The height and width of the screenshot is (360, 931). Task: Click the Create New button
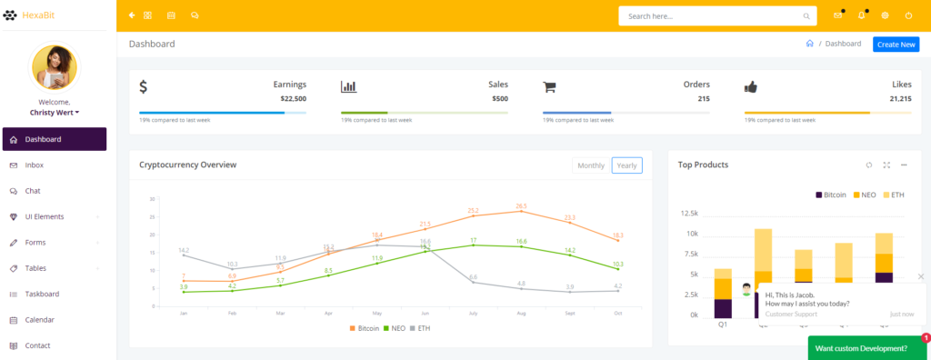click(896, 44)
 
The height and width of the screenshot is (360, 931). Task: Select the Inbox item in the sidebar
click(35, 165)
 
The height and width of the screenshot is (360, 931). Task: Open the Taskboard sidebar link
click(42, 294)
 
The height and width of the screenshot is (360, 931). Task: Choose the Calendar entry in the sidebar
click(39, 320)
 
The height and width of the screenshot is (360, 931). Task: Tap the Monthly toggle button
click(591, 165)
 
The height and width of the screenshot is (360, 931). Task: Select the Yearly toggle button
click(626, 165)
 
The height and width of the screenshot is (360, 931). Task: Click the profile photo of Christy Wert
click(55, 68)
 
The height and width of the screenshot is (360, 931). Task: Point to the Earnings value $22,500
click(293, 98)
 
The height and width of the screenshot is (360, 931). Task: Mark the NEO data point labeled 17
click(473, 245)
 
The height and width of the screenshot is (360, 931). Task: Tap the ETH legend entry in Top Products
click(892, 195)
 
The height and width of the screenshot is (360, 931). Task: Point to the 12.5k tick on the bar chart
click(689, 214)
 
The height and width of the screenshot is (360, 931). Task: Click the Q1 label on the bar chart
click(723, 325)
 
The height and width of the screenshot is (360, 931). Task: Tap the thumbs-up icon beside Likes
click(751, 87)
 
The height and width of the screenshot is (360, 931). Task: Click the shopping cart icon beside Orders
click(549, 87)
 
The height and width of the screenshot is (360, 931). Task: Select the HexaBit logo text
click(39, 15)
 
